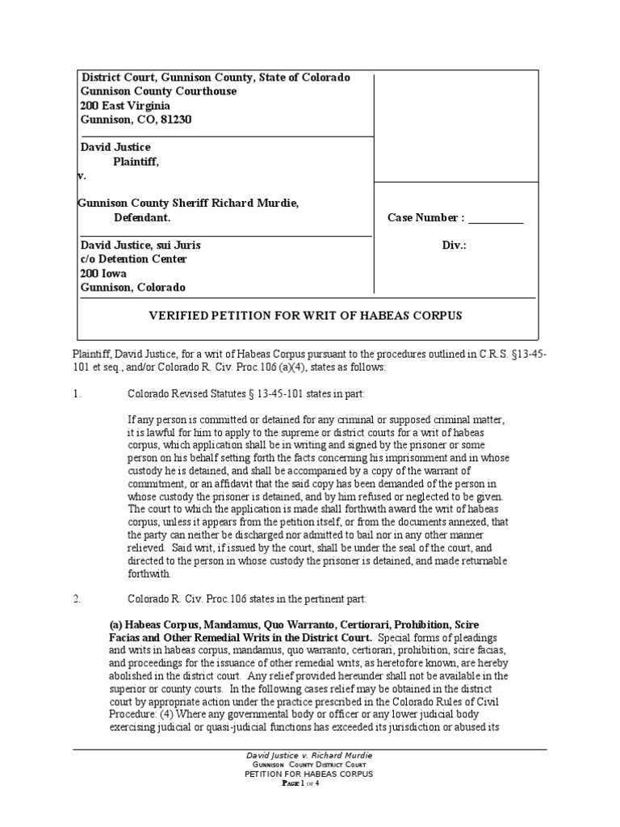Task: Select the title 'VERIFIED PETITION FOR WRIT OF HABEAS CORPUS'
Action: pos(306,316)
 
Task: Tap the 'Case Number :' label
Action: pos(425,218)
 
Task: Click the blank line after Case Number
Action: pos(496,219)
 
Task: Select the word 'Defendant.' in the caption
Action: pos(142,218)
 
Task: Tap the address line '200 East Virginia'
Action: pos(124,105)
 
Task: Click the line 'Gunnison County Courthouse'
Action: pos(158,91)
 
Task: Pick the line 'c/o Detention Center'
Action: pos(133,259)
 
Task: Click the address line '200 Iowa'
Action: pos(103,274)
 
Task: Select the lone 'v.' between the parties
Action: pos(82,175)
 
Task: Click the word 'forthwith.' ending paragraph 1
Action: pos(149,574)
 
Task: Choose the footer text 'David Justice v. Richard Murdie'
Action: pos(309,754)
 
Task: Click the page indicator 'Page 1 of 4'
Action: pos(309,783)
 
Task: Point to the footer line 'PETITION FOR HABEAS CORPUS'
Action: pos(309,774)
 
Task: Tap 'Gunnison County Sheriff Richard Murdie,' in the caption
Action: pos(188,204)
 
